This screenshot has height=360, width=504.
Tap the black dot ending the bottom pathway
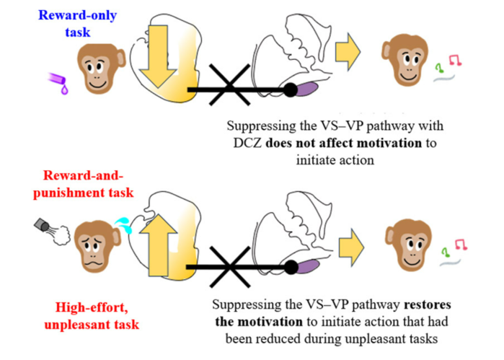[x=291, y=267]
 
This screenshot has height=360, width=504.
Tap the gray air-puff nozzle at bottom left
[x=43, y=227]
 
